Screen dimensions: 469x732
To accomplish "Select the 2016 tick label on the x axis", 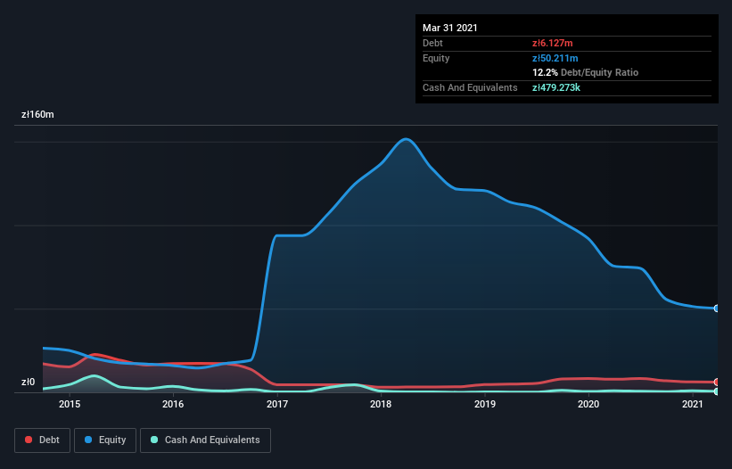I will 173,405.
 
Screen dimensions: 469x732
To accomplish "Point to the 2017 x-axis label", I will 276,405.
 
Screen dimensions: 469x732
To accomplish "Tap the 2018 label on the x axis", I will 381,405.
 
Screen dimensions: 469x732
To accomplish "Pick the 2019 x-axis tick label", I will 485,405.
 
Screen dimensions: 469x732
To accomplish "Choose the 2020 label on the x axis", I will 588,405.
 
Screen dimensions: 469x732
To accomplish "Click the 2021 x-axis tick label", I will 693,405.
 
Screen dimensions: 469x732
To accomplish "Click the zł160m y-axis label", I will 38,115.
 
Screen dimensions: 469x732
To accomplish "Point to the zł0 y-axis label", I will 29,383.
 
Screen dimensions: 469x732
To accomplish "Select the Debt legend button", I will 42,440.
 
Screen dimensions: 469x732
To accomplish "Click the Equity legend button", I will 106,440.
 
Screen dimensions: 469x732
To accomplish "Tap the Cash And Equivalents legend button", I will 205,440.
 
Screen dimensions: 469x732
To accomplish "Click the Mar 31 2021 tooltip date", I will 450,28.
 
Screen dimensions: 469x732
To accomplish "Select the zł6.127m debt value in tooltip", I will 553,43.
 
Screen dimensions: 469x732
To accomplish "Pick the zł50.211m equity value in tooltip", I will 555,58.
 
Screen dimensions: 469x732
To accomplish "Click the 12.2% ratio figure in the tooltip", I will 545,72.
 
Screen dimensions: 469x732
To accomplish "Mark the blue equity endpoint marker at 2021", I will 716,309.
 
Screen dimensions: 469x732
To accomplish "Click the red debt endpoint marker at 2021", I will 716,382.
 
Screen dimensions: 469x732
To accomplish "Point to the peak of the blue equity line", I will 406,139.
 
